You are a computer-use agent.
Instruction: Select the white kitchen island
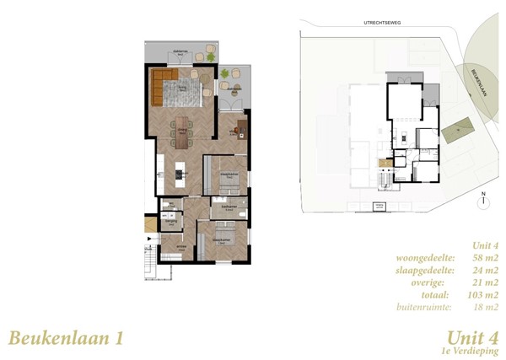pyautogui.click(x=179, y=175)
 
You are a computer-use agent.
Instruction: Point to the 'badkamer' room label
pyautogui.click(x=228, y=206)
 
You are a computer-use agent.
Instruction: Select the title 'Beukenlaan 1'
pyautogui.click(x=66, y=338)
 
